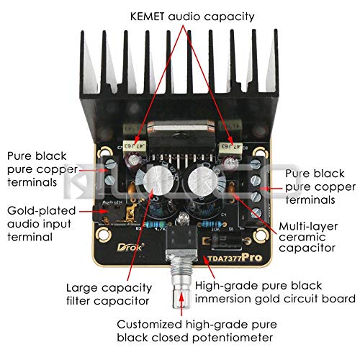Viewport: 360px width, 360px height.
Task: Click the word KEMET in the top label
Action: point(148,17)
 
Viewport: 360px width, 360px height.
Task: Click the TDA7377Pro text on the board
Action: point(235,258)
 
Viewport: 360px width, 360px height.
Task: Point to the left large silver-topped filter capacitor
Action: point(155,180)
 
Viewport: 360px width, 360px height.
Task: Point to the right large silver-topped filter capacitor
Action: point(203,181)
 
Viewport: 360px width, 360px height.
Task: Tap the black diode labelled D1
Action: point(223,240)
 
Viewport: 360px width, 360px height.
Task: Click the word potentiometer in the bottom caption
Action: point(233,338)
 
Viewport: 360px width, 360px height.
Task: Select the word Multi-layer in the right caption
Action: point(308,226)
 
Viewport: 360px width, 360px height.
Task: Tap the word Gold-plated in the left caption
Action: point(42,211)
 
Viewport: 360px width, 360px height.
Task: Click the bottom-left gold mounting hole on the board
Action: point(104,235)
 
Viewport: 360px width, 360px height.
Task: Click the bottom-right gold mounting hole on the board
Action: point(261,235)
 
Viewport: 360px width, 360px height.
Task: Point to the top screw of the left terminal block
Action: point(111,164)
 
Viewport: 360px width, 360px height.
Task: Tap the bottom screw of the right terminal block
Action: point(256,212)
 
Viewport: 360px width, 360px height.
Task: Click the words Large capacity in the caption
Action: point(109,288)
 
